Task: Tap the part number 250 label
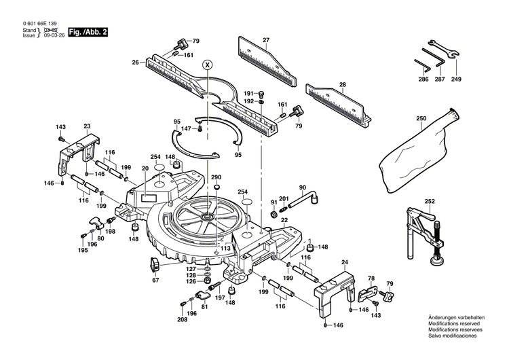(421, 119)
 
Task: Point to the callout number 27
(266, 40)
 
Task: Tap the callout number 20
(145, 168)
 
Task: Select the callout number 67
(155, 280)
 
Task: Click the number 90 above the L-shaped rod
(303, 187)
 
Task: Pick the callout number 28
(342, 85)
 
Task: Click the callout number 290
(216, 177)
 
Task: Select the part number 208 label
(183, 319)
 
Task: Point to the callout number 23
(87, 126)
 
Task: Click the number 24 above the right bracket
(344, 263)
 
